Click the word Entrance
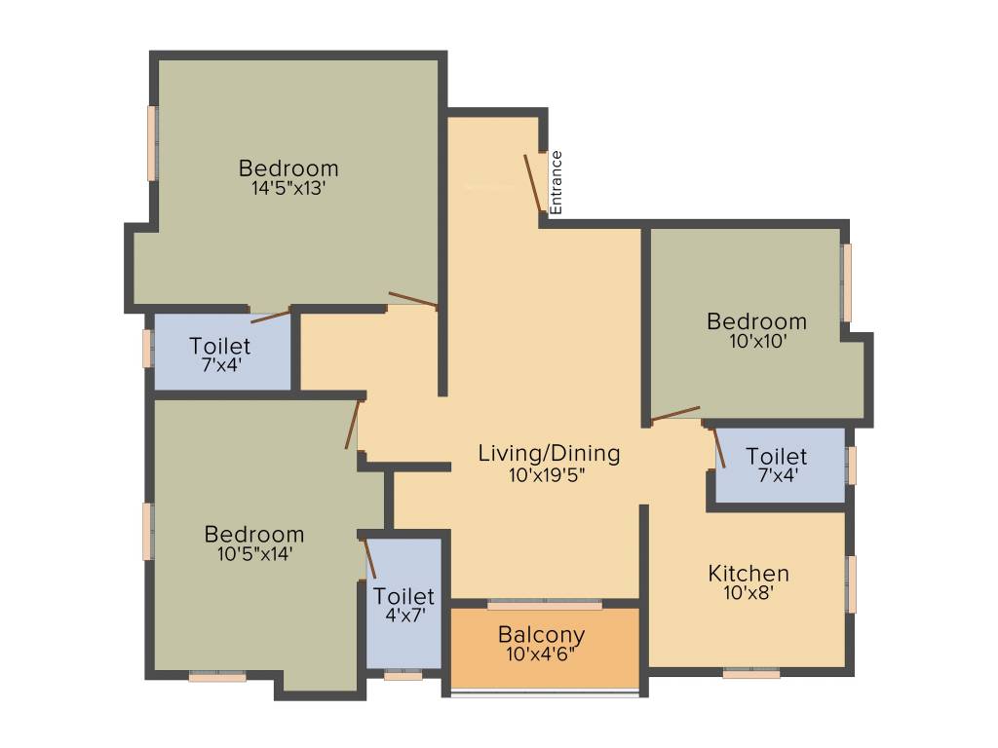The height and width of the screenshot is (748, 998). (556, 182)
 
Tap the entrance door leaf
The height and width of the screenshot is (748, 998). (533, 181)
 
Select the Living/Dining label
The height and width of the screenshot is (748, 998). (549, 453)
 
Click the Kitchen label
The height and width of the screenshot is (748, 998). (748, 573)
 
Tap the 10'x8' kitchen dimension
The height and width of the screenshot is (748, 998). (748, 590)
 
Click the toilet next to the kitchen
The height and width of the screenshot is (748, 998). (777, 466)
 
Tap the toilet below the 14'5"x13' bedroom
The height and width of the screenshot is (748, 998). (220, 354)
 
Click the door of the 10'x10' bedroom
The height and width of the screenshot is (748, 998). (675, 413)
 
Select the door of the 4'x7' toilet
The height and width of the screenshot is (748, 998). (369, 556)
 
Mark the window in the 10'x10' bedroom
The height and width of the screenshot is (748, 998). (847, 282)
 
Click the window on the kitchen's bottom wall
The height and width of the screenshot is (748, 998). (750, 672)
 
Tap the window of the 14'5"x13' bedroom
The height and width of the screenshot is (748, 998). (152, 142)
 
